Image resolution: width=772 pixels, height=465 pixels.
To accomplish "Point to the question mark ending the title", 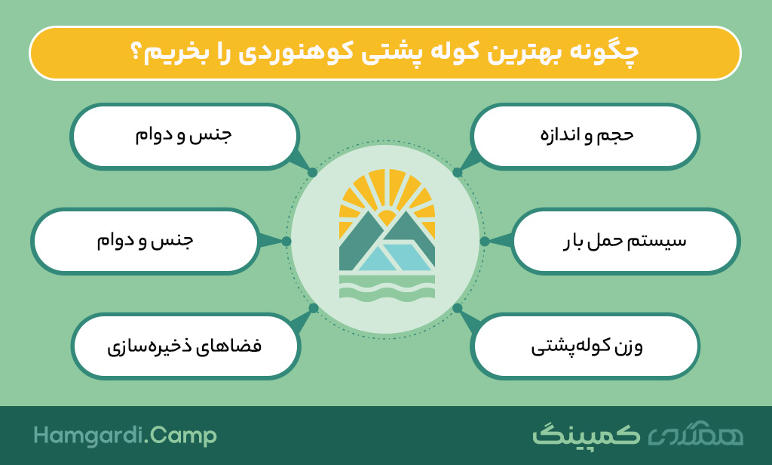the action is (136, 51).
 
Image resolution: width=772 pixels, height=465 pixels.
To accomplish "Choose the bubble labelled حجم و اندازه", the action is (585, 137).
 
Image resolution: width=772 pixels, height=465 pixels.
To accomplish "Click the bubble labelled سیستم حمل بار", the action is (625, 241).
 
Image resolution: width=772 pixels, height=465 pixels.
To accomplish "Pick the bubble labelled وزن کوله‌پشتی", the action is (585, 346).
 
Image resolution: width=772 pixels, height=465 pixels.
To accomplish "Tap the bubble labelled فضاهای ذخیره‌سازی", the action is (185, 346).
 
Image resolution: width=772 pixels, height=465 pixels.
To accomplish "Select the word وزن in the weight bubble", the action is (631, 346).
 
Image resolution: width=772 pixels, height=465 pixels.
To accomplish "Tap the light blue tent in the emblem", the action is (395, 257).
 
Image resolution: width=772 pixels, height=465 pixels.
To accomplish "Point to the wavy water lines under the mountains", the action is (387, 288).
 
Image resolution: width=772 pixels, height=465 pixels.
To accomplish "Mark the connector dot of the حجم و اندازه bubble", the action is (458, 172).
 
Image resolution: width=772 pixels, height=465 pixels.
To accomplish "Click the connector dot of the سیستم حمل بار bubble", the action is (485, 241).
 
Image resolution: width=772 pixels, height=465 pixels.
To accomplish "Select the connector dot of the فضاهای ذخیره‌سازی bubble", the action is (314, 308).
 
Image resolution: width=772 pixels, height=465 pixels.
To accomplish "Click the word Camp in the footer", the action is (183, 436).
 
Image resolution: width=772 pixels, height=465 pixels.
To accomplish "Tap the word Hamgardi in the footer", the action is (89, 436).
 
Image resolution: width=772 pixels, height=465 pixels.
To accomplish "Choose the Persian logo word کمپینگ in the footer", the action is (586, 434).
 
